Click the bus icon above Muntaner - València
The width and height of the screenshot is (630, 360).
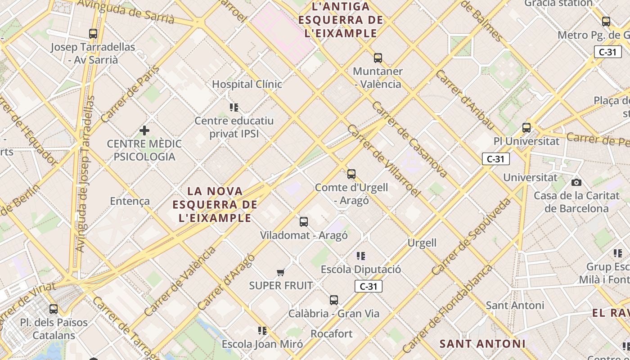pyautogui.click(x=378, y=58)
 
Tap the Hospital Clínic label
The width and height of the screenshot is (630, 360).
pyautogui.click(x=247, y=84)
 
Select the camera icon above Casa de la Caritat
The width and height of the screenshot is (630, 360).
pyautogui.click(x=576, y=182)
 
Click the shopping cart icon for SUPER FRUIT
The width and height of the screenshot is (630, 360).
pyautogui.click(x=281, y=272)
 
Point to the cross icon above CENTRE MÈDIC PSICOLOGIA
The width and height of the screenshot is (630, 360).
pyautogui.click(x=144, y=130)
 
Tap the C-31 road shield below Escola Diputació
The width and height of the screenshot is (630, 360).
pyautogui.click(x=368, y=286)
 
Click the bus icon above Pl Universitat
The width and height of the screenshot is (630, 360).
pyautogui.click(x=526, y=127)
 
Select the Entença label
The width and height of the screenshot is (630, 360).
pyautogui.click(x=130, y=201)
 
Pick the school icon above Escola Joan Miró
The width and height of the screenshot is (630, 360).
pyautogui.click(x=262, y=331)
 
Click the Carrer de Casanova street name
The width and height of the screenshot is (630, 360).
pyautogui.click(x=410, y=139)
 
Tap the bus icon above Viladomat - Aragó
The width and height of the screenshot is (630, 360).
pyautogui.click(x=304, y=221)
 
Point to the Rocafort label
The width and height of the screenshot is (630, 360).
pyautogui.click(x=332, y=334)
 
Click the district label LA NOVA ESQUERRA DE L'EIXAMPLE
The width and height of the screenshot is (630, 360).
pyautogui.click(x=215, y=205)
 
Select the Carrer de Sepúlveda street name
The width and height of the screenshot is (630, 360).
pyautogui.click(x=471, y=237)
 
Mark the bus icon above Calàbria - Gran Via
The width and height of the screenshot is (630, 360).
pyautogui.click(x=333, y=300)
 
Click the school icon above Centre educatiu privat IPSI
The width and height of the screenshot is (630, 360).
pyautogui.click(x=234, y=107)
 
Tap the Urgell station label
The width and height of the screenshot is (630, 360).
pyautogui.click(x=422, y=243)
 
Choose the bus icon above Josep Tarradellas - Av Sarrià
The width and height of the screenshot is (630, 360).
pyautogui.click(x=93, y=33)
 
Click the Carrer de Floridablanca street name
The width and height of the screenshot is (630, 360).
pyautogui.click(x=447, y=310)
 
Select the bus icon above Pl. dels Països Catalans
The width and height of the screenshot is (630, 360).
pyautogui.click(x=54, y=309)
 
